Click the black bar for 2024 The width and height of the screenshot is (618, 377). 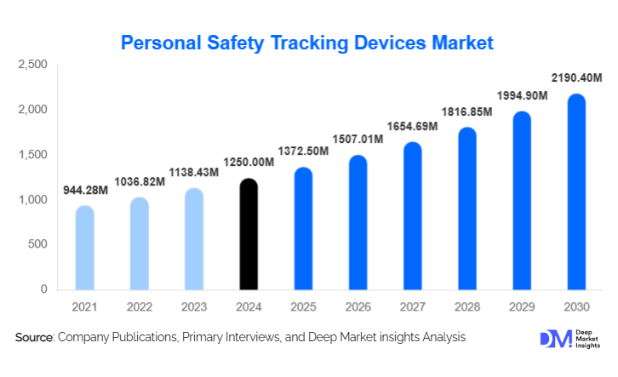pyautogui.click(x=248, y=235)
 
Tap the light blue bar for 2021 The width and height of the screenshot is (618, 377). pyautogui.click(x=84, y=248)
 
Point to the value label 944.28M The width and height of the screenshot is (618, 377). pyautogui.click(x=86, y=190)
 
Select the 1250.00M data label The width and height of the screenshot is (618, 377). pyautogui.click(x=248, y=163)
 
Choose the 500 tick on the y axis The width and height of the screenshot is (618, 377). pyautogui.click(x=38, y=245)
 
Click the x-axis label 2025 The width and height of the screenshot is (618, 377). pyautogui.click(x=302, y=306)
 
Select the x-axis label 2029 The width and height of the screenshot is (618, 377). pyautogui.click(x=521, y=306)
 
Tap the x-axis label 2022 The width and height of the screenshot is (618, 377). pyautogui.click(x=139, y=306)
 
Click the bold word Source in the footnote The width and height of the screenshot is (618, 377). pyautogui.click(x=34, y=338)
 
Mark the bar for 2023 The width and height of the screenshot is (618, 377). pyautogui.click(x=193, y=239)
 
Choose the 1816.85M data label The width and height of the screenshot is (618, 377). pyautogui.click(x=466, y=112)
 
